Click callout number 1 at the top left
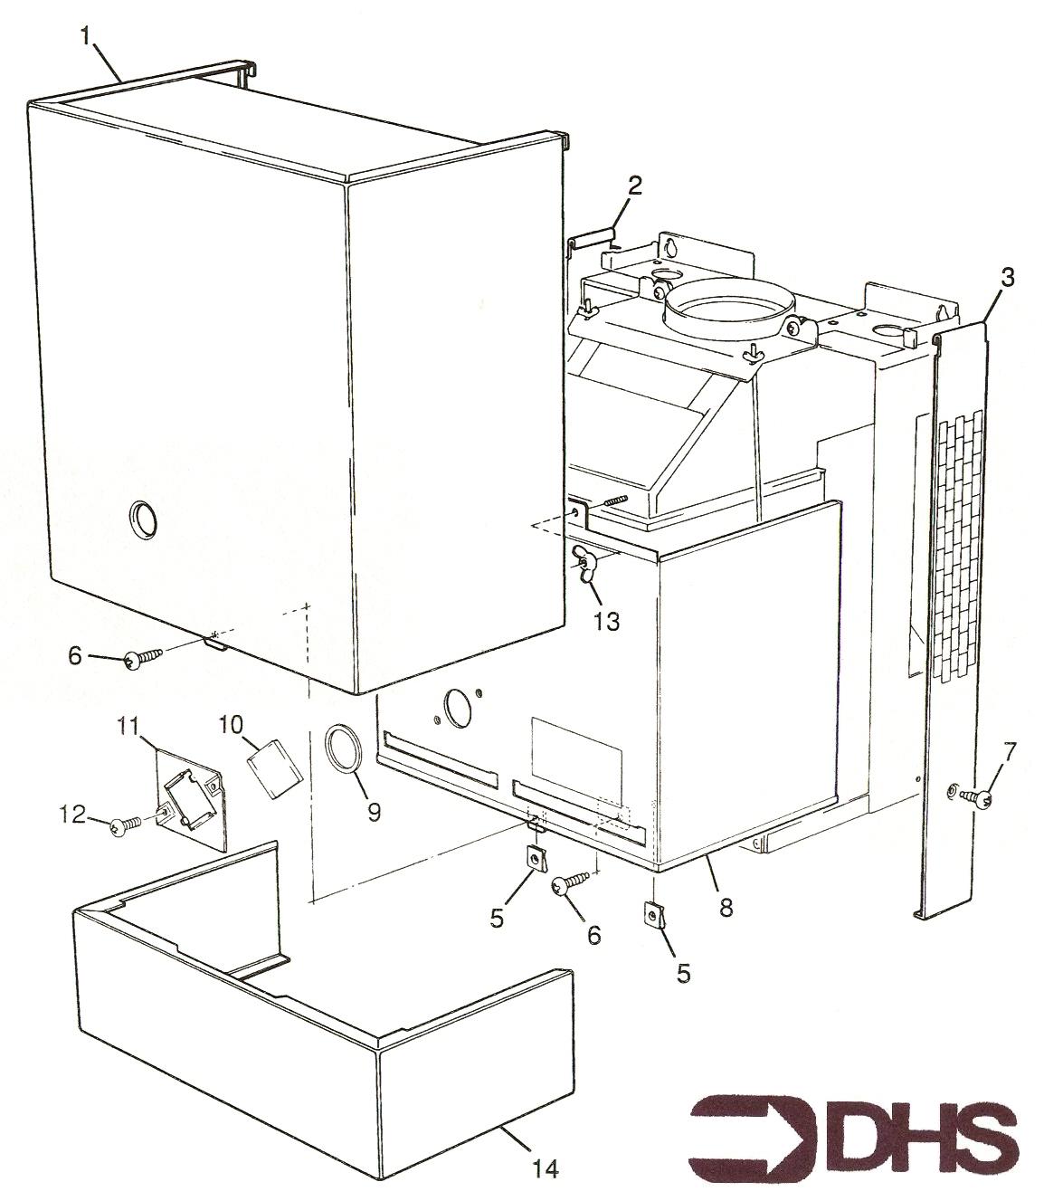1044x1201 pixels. (86, 37)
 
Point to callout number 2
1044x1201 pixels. (634, 187)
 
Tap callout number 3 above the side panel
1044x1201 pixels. (1007, 278)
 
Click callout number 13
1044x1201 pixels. (606, 621)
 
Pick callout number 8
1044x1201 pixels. (726, 908)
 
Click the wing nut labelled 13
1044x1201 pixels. (584, 564)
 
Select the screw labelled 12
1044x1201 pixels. (127, 828)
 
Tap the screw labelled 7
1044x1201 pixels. (976, 797)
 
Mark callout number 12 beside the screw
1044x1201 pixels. (72, 815)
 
